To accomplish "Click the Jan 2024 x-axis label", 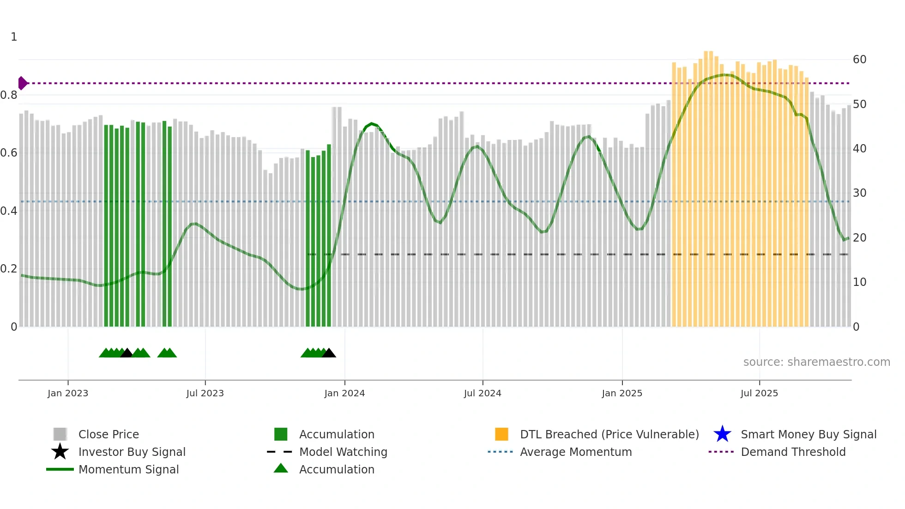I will [x=344, y=393].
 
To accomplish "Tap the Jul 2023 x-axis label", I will [x=205, y=393].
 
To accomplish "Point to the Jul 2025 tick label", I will [x=759, y=393].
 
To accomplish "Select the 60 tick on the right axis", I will [x=859, y=60].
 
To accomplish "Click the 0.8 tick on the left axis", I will [x=9, y=95].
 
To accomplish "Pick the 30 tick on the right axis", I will [x=859, y=193].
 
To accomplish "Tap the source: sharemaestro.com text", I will [x=816, y=362].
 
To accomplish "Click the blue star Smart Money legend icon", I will [x=722, y=434].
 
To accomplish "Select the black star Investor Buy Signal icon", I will [x=60, y=452].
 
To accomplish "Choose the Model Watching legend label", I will [x=343, y=452].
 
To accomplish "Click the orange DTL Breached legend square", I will [x=501, y=434].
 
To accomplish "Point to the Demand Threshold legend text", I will [x=793, y=452].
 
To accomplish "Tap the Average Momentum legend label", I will [x=576, y=452].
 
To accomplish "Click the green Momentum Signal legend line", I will [x=60, y=469].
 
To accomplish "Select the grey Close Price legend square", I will [x=60, y=434].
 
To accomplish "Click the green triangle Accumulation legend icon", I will [x=281, y=468].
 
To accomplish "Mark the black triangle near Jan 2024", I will [x=329, y=353].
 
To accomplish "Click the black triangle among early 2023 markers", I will [x=127, y=353].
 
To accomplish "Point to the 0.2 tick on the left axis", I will [x=9, y=269].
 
